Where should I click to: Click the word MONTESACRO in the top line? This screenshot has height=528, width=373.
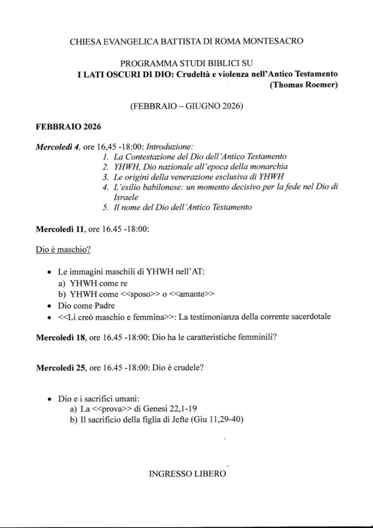276,42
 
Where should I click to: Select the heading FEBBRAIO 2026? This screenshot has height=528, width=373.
68,127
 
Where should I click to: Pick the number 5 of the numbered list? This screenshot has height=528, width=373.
105,207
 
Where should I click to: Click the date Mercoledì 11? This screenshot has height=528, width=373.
60,228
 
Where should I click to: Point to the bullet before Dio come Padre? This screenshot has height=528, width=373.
49,306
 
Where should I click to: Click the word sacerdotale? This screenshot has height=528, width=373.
308,317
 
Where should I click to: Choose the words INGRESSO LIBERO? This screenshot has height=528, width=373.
187,474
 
